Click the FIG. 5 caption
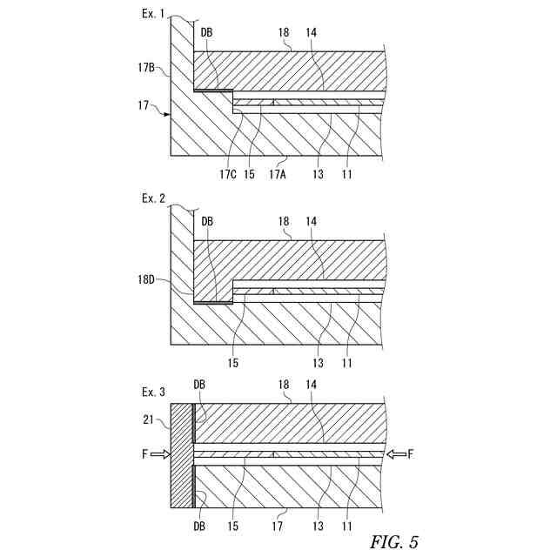click(394, 542)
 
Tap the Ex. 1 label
click(154, 15)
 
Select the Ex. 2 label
click(154, 198)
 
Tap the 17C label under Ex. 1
click(228, 172)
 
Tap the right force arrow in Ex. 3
click(397, 454)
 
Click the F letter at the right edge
click(411, 453)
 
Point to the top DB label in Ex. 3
click(199, 385)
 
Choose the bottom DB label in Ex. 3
click(199, 526)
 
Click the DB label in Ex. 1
click(206, 32)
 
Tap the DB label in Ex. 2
click(206, 221)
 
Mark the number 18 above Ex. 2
click(284, 221)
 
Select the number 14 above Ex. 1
click(311, 32)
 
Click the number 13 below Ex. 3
click(318, 526)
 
